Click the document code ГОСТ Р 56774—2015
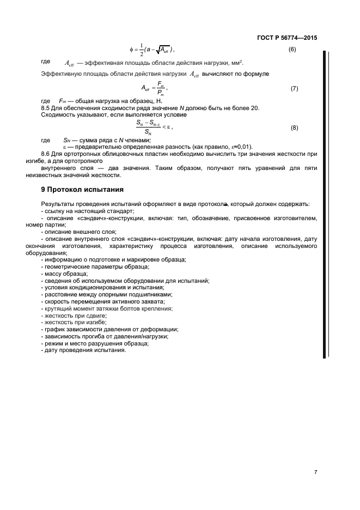pyautogui.click(x=286, y=38)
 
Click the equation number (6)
pyautogui.click(x=291, y=50)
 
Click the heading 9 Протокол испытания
pyautogui.click(x=82, y=190)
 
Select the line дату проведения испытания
pyautogui.click(x=83, y=350)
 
